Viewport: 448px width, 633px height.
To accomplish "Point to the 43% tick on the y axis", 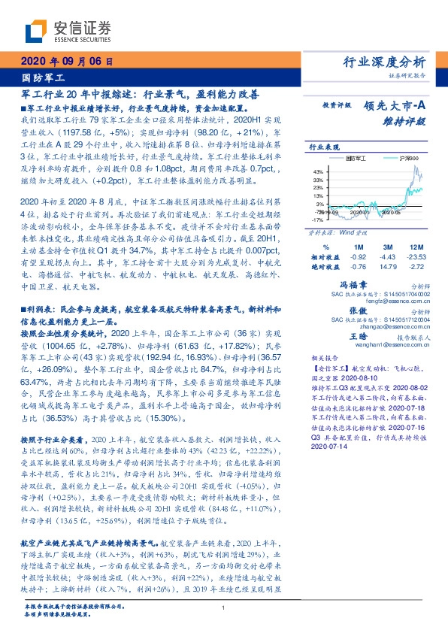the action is (319, 171).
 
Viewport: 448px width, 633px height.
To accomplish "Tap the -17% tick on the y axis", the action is (319, 221).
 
